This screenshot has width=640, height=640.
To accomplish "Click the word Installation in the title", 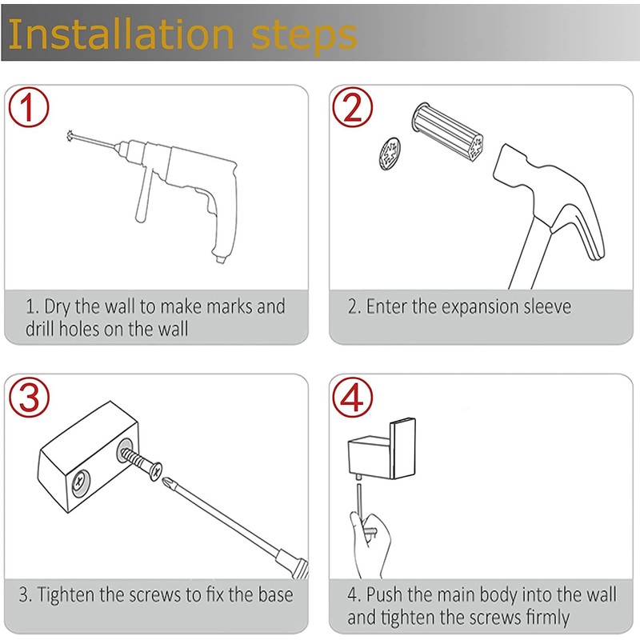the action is (121, 34).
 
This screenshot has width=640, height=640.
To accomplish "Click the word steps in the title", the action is (304, 38).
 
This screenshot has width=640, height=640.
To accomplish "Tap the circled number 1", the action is (29, 107).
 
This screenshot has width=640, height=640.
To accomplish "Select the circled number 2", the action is (352, 107).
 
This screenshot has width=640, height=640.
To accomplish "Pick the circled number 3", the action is (29, 397).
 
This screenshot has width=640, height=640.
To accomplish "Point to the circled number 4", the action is (352, 397).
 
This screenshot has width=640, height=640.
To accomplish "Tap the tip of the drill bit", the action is (70, 135).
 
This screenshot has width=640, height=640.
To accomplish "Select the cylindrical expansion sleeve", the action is (448, 131).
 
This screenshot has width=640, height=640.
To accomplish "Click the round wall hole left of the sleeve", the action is (390, 154).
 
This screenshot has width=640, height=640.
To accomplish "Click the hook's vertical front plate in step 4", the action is (403, 448).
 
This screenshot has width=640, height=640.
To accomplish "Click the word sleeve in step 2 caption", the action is (547, 307).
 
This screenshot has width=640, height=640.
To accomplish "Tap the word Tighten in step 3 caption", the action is (66, 595).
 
